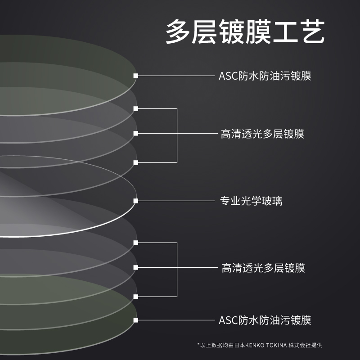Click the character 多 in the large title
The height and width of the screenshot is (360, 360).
[x=178, y=31]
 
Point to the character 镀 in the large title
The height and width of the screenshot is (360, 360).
[x=232, y=31]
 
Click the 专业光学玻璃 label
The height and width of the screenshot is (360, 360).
[x=251, y=201]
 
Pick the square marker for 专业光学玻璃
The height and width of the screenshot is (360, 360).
[x=136, y=201]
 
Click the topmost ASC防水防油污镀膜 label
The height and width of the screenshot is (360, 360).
[x=265, y=76]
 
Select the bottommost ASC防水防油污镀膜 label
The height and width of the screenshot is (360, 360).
[x=265, y=320]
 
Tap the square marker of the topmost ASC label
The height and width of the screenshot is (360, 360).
[x=136, y=76]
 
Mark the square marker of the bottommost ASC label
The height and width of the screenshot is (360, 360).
[x=136, y=320]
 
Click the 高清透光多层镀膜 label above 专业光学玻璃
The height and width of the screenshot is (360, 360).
[x=262, y=134]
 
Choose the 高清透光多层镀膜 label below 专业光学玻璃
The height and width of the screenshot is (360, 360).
[x=263, y=268]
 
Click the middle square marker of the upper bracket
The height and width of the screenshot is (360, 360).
[x=136, y=133]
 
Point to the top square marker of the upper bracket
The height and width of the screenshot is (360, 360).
[x=136, y=108]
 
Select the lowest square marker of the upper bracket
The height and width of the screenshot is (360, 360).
[x=136, y=162]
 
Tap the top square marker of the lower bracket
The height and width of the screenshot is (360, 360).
[x=136, y=243]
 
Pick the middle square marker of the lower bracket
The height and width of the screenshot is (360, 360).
[x=136, y=267]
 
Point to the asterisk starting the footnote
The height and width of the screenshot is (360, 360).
[x=198, y=344]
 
